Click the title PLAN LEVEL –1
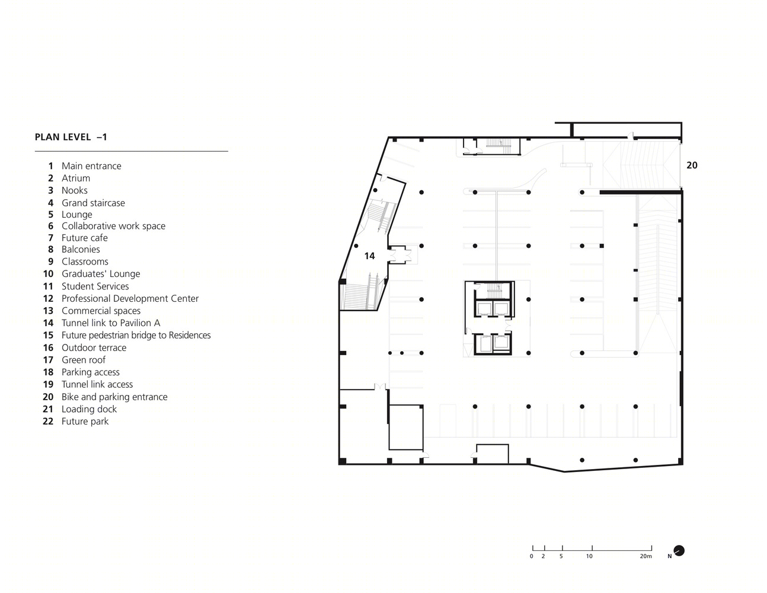tap(71, 137)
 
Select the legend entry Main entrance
tap(91, 166)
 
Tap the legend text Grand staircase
tap(93, 203)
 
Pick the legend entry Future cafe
tap(85, 238)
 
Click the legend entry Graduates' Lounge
tap(101, 274)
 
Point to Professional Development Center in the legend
tap(130, 299)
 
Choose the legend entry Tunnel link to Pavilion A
tap(111, 323)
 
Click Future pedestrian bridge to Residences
tap(136, 335)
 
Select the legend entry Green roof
tap(84, 360)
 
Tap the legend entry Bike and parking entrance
tap(114, 397)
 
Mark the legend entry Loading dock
tap(89, 409)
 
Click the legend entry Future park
tap(85, 422)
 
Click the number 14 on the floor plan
tap(369, 256)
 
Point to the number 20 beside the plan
tap(692, 165)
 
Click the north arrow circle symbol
tap(679, 551)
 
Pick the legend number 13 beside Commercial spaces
tap(48, 311)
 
